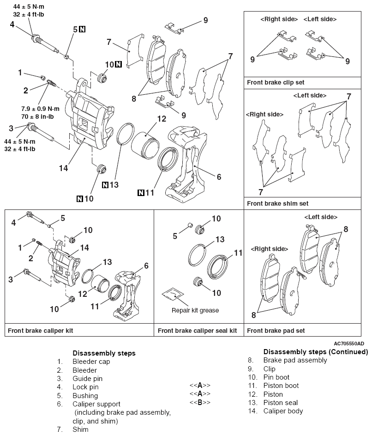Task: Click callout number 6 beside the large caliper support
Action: tap(219, 177)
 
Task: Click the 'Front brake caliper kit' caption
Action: tap(40, 331)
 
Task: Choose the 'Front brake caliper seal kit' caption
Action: tap(197, 331)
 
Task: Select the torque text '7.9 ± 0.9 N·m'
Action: tap(45, 108)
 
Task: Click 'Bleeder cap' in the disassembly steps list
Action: tap(91, 362)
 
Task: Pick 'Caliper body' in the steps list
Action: tap(283, 411)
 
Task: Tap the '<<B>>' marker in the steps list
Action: tap(200, 402)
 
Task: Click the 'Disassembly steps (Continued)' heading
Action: tap(315, 352)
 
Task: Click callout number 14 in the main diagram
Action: tap(64, 168)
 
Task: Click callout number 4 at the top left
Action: tap(12, 24)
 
